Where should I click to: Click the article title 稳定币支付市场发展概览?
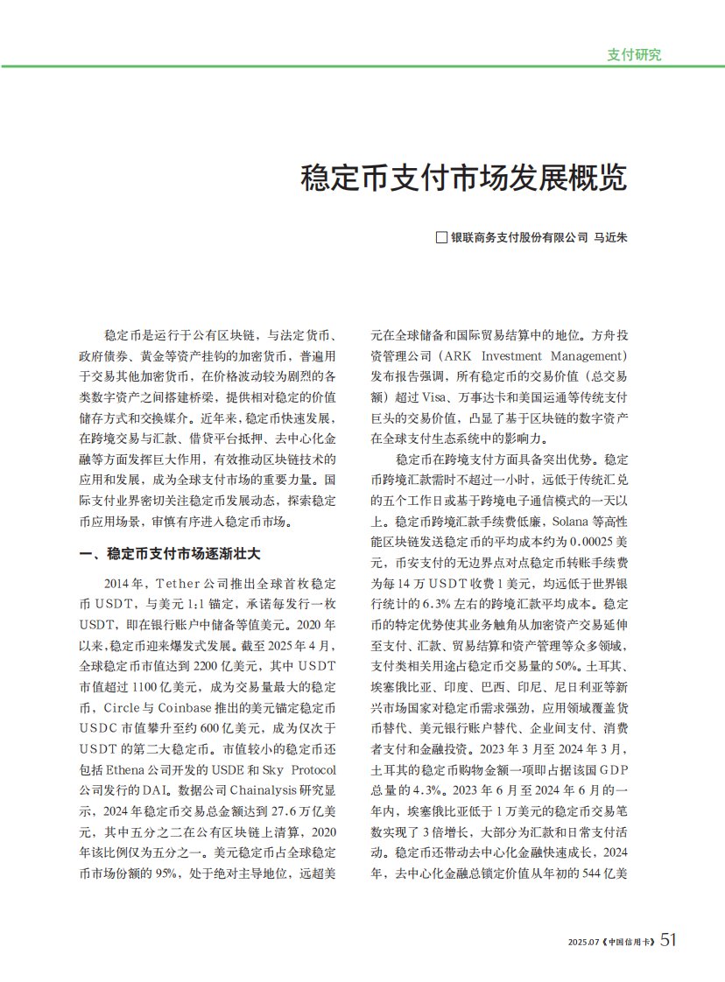pos(463,178)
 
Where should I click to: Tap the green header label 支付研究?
pos(634,54)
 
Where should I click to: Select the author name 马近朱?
pos(611,237)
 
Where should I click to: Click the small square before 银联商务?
pos(442,237)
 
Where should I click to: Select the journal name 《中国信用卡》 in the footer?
pos(628,941)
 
